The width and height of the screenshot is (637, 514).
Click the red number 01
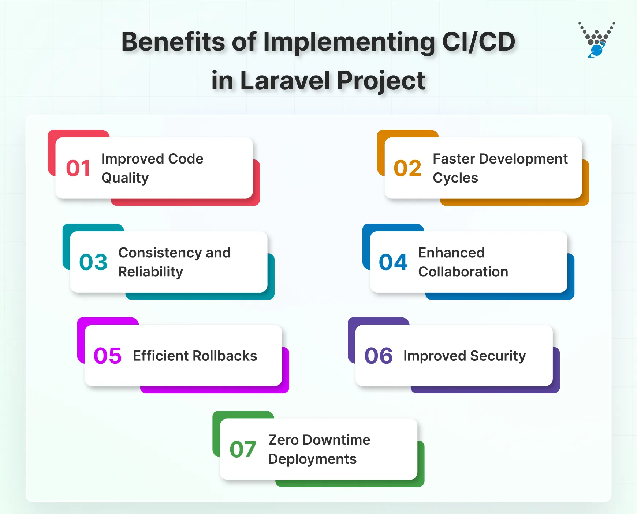(x=78, y=168)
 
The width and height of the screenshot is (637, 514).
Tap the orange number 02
(x=407, y=168)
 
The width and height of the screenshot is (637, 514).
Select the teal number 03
(x=93, y=262)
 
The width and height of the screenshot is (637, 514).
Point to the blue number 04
(x=393, y=262)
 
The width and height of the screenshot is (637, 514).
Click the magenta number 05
(x=108, y=356)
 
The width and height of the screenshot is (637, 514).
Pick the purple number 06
(x=379, y=356)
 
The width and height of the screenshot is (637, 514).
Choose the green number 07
(x=243, y=449)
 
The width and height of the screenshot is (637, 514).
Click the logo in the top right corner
(x=597, y=40)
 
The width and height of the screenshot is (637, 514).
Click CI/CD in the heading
(x=478, y=42)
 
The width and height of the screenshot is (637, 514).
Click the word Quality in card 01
(x=125, y=178)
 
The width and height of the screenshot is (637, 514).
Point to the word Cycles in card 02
(x=455, y=178)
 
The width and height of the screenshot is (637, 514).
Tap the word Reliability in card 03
(x=150, y=272)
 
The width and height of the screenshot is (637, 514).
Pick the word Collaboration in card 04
(x=463, y=272)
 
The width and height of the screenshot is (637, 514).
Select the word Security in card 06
(x=498, y=356)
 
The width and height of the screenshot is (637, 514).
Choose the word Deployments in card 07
(x=312, y=459)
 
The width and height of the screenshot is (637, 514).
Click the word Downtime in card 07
(x=336, y=440)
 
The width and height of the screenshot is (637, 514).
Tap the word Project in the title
(x=381, y=81)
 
